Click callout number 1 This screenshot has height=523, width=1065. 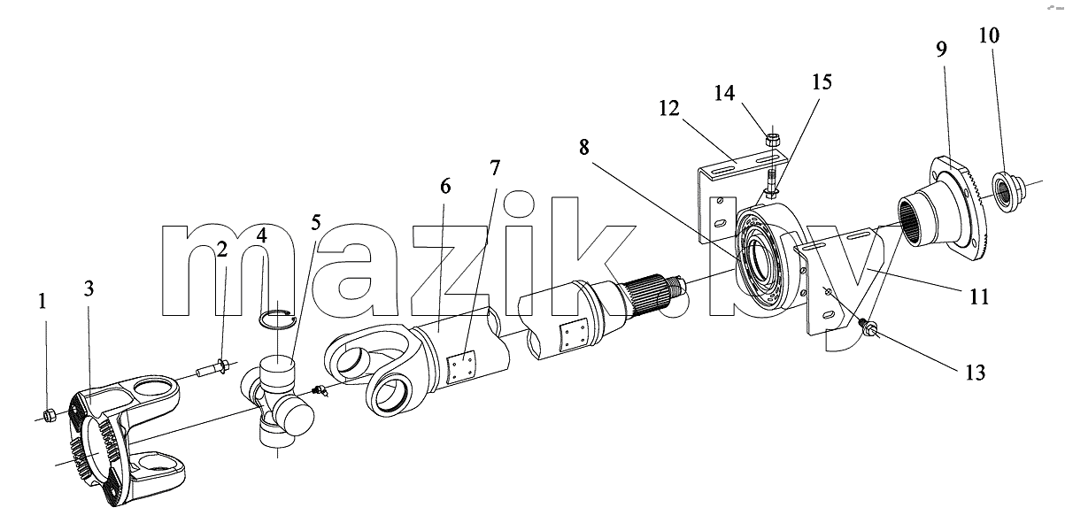[x=42, y=301]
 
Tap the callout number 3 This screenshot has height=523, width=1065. [x=89, y=288]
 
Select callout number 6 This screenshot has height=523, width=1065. [x=445, y=187]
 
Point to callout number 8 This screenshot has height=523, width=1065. [x=584, y=147]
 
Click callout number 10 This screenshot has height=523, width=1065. [x=989, y=35]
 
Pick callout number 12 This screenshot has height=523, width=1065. [x=669, y=108]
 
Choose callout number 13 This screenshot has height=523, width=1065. [x=975, y=373]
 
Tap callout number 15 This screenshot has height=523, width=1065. [x=822, y=81]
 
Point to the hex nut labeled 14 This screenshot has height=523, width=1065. [x=772, y=140]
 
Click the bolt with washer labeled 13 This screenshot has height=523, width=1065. [x=869, y=327]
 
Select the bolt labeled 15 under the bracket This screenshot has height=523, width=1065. [x=771, y=187]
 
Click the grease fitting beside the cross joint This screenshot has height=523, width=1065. [x=320, y=391]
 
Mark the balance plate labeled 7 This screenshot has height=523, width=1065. [x=461, y=367]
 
